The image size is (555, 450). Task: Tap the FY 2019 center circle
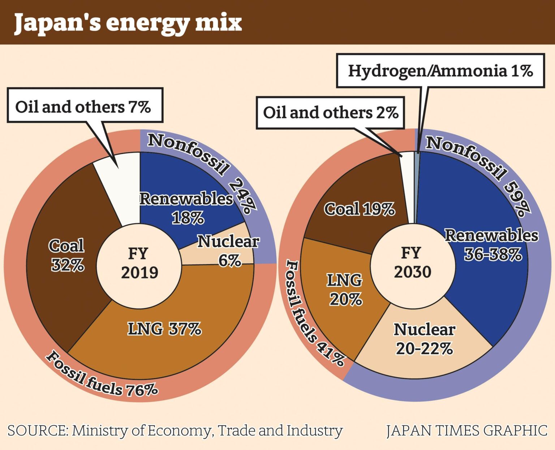pyautogui.click(x=139, y=263)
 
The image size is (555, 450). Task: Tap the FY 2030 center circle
pyautogui.click(x=412, y=263)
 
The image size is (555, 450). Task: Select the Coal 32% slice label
pyautogui.click(x=67, y=255)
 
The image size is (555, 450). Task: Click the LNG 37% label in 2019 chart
pyautogui.click(x=164, y=329)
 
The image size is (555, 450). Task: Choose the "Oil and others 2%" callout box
pyautogui.click(x=330, y=113)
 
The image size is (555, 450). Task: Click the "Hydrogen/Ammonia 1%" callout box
pyautogui.click(x=440, y=71)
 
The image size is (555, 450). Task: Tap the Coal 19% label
pyautogui.click(x=359, y=209)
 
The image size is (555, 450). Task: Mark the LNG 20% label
pyautogui.click(x=345, y=290)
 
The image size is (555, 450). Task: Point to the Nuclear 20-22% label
pyautogui.click(x=424, y=339)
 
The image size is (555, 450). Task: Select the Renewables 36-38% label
pyautogui.click(x=492, y=245)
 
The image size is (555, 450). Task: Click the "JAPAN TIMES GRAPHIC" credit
pyautogui.click(x=466, y=430)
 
